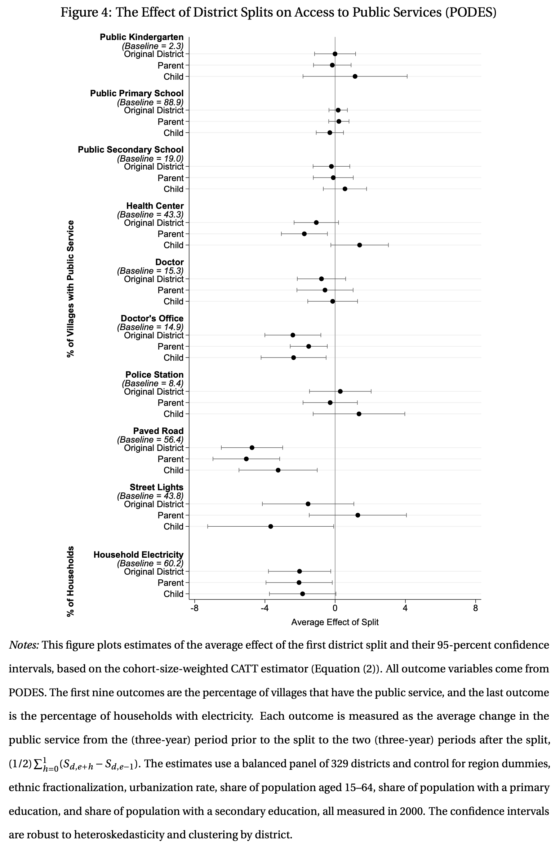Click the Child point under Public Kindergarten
(x=355, y=76)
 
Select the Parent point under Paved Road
(x=246, y=459)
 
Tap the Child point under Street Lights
(x=271, y=526)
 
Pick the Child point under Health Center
(x=359, y=245)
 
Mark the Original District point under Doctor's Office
(x=293, y=335)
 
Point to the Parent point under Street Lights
(x=357, y=515)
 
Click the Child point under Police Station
(x=359, y=414)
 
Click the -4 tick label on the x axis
(x=265, y=608)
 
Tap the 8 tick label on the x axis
(x=476, y=608)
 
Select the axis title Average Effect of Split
(x=335, y=622)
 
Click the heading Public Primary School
(x=137, y=93)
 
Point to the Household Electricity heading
(x=138, y=554)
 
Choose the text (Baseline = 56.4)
(x=150, y=439)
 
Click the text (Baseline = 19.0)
(x=150, y=158)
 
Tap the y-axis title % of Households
(x=71, y=581)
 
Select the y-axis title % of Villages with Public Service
(x=71, y=289)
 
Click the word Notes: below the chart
(x=24, y=645)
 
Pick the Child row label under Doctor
(x=174, y=301)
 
